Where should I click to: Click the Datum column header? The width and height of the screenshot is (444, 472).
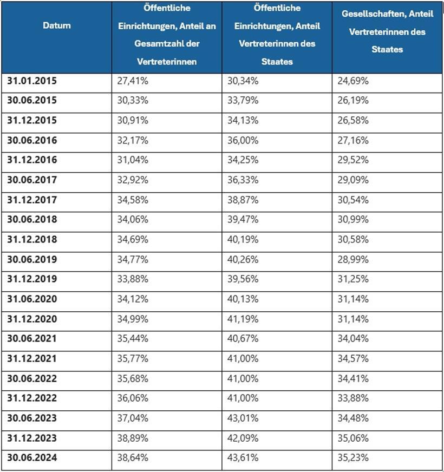pos(56,25)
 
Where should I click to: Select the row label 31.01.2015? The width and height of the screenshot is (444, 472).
pos(32,81)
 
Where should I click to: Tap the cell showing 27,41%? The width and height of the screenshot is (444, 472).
pos(133,81)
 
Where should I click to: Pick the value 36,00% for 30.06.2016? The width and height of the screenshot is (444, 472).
pos(243,140)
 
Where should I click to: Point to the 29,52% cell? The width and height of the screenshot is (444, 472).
pos(353,160)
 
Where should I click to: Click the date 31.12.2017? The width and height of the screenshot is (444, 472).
pos(32,200)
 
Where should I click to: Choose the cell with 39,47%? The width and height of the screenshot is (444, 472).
pos(243,220)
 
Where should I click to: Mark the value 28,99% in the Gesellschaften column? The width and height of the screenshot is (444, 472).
pos(353,259)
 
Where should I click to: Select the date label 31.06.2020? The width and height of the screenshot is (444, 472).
pos(32,299)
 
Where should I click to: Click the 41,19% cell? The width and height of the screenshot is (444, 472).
pos(243,319)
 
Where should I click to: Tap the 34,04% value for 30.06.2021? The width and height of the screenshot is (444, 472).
pos(353,339)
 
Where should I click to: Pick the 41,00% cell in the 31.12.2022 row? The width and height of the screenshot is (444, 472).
pos(243,398)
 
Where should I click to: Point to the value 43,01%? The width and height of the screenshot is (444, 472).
pos(243,418)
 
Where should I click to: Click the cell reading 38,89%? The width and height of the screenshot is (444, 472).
pos(133,438)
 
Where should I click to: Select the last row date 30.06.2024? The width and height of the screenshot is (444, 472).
pos(32,458)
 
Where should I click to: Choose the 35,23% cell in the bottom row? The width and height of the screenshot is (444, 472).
pos(353,458)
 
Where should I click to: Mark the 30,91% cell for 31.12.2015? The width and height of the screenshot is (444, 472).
pos(133,120)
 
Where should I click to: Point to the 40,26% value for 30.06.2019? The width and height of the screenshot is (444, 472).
pos(243,259)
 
